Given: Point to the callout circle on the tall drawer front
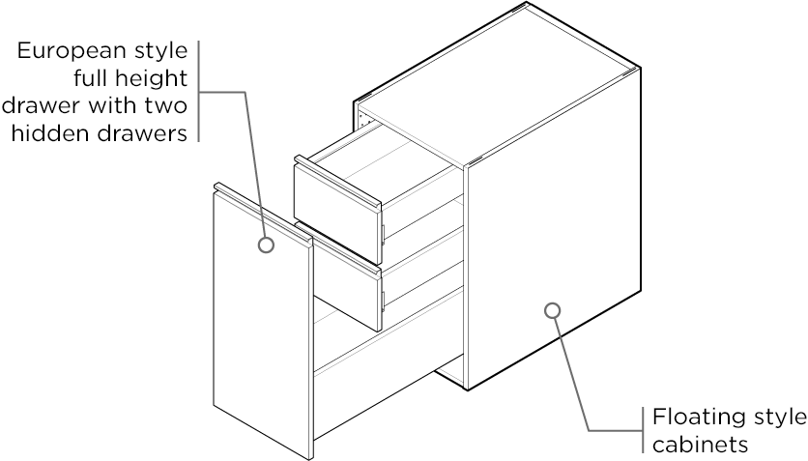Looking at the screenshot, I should click(x=266, y=245).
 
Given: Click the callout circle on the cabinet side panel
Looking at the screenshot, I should click(x=552, y=310).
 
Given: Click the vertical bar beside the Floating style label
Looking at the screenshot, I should click(x=643, y=429).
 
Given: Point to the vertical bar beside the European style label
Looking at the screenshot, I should click(x=198, y=91).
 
